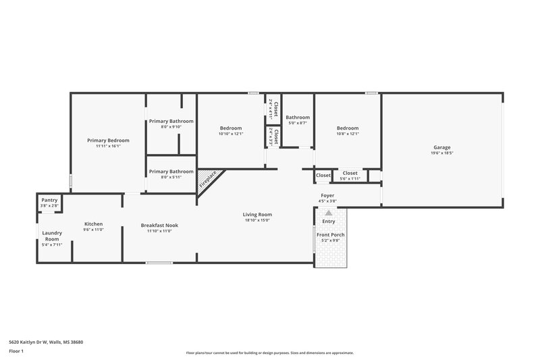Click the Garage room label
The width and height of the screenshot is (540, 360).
[442, 147]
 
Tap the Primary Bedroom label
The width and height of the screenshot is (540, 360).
[108, 140]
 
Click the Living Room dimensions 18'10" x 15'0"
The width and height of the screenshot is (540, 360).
[258, 220]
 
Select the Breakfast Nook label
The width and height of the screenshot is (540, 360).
[159, 225]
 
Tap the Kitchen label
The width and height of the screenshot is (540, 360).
[93, 224]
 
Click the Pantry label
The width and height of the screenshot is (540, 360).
[49, 200]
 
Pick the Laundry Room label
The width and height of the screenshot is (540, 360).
[53, 236]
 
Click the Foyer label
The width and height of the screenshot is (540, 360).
[327, 196]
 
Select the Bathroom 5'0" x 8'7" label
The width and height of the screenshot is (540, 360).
[298, 118]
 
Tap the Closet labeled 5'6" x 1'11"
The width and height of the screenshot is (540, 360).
[350, 173]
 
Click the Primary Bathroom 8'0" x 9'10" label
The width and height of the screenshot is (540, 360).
[171, 122]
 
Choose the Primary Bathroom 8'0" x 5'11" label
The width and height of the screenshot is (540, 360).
[171, 172]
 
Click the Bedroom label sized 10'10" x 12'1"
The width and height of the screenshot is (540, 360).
[231, 128]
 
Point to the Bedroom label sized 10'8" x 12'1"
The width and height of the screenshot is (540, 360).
[348, 128]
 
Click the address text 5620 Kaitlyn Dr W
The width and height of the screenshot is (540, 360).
[47, 342]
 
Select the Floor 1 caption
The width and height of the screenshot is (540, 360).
[17, 351]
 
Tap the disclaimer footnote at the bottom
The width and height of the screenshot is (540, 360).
[270, 353]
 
